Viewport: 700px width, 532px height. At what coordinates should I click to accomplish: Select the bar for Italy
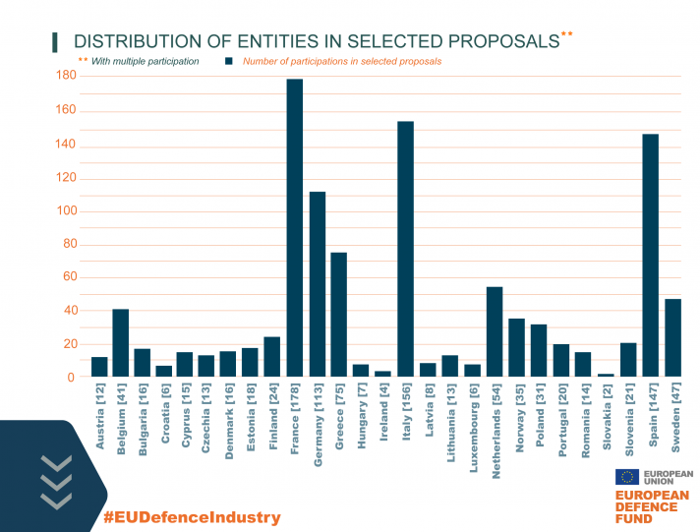(x=405, y=250)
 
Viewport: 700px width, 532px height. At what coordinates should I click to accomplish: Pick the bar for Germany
(x=317, y=284)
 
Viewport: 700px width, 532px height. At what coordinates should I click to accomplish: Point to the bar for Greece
(x=338, y=315)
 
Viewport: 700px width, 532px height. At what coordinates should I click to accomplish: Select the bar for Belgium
(x=120, y=343)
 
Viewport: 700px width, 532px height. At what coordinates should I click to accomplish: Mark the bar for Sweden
(x=672, y=338)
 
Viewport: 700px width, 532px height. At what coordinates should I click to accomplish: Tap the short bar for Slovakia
(x=606, y=375)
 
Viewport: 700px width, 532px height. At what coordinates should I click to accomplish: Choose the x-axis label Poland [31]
(x=540, y=418)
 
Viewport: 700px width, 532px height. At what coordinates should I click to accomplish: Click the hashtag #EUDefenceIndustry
(x=192, y=517)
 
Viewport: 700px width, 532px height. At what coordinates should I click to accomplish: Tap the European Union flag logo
(x=626, y=477)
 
